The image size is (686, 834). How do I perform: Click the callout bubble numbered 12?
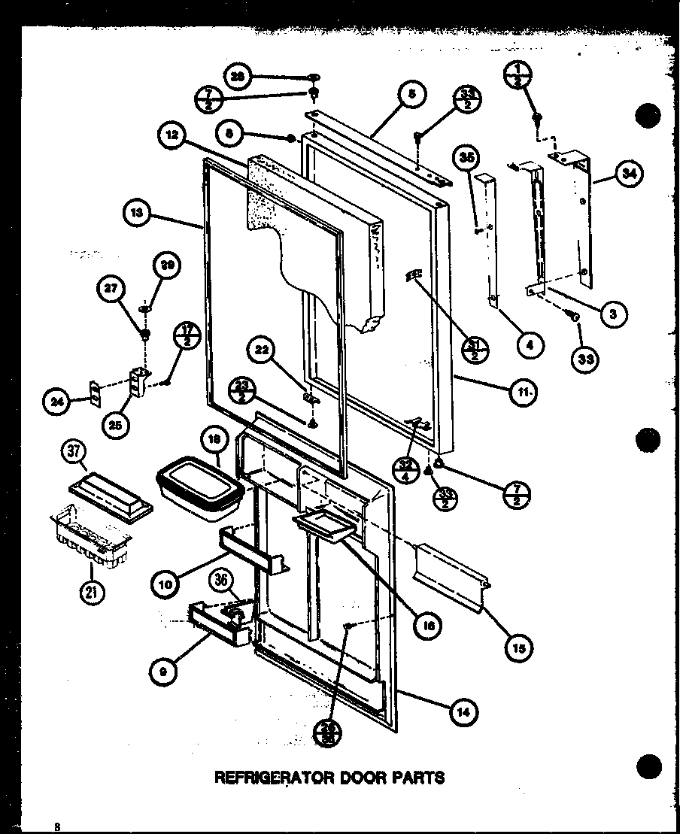pyautogui.click(x=172, y=136)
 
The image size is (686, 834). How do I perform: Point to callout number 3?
pyautogui.click(x=613, y=314)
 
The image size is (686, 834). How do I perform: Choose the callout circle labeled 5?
pyautogui.click(x=411, y=95)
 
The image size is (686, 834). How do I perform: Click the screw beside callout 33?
pyautogui.click(x=575, y=319)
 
